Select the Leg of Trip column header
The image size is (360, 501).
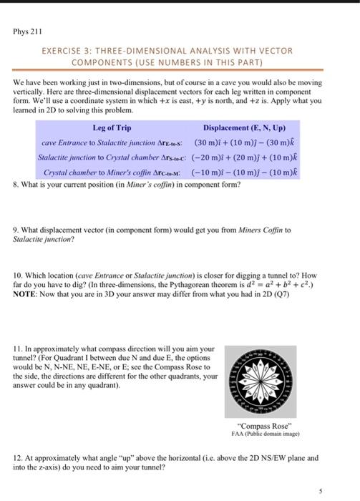coord(112,127)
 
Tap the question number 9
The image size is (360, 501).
coord(16,230)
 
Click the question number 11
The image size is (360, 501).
coord(18,349)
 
